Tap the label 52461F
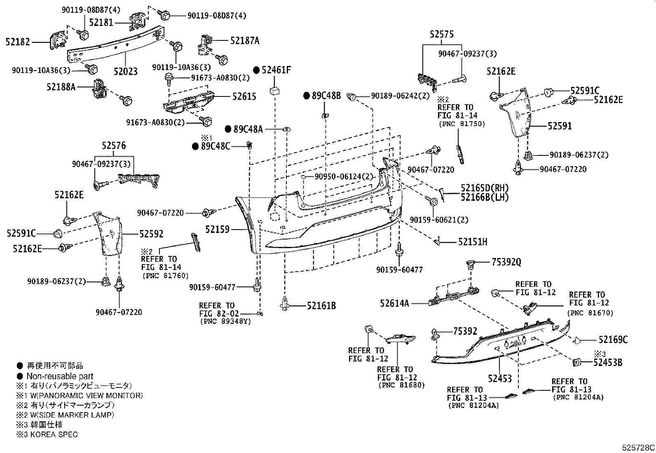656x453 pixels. [x=276, y=70]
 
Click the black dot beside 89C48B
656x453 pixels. [x=306, y=96]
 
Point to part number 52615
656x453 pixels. [x=244, y=96]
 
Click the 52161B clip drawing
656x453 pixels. [x=285, y=303]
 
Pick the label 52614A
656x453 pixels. [x=395, y=304]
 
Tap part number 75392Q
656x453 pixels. [x=506, y=262]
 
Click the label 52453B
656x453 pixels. [x=608, y=363]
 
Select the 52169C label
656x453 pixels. [x=613, y=340]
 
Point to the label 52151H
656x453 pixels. [x=473, y=242]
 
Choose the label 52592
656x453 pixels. [x=151, y=234]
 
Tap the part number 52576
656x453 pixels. [x=114, y=146]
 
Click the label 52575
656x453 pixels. [x=442, y=35]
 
